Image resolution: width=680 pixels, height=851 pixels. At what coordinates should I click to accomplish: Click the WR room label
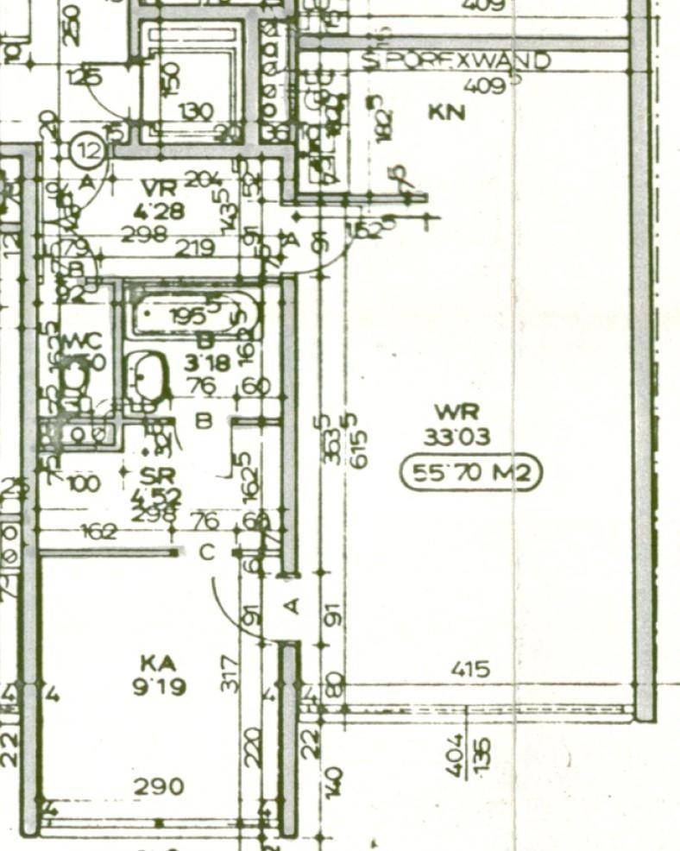pos(456,412)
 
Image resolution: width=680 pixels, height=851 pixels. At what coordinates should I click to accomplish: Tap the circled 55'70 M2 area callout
pos(471,473)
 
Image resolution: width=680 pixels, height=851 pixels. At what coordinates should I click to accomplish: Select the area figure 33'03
pos(456,437)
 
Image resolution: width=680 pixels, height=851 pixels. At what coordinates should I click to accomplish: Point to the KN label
pos(447,113)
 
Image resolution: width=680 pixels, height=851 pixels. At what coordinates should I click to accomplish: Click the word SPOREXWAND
pos(456,61)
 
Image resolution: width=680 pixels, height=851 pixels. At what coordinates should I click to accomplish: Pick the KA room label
pos(159,663)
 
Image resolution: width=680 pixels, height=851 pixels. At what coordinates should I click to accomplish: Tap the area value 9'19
pos(159,688)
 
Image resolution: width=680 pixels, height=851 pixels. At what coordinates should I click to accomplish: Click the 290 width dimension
pos(160,787)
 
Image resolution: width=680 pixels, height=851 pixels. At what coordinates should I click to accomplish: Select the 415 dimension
pos(470,669)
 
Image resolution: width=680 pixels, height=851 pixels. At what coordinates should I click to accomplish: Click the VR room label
pos(161,187)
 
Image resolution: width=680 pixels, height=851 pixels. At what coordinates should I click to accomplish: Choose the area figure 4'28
pos(160,210)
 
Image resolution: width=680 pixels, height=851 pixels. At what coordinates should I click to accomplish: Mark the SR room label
pos(158,475)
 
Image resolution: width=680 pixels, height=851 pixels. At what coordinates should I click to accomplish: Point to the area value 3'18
pos(207,362)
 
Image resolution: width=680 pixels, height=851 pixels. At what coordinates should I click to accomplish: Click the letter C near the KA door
pos(207,552)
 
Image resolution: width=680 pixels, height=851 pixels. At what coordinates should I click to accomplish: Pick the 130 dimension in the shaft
pos(196,111)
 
